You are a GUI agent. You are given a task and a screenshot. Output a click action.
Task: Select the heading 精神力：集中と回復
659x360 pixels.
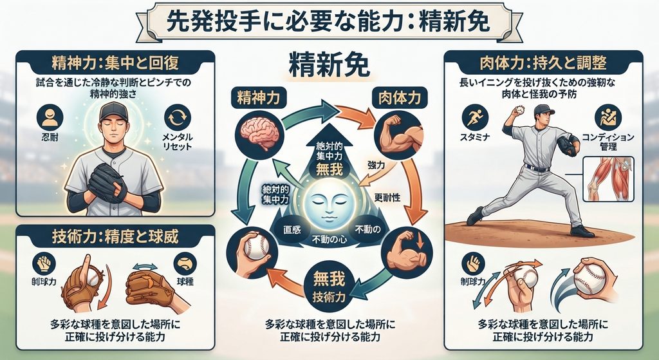115,63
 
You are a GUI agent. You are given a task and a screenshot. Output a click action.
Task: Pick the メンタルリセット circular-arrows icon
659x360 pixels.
178,117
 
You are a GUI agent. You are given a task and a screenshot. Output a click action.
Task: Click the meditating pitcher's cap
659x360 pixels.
113,111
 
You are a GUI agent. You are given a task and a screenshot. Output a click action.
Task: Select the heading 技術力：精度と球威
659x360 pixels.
115,238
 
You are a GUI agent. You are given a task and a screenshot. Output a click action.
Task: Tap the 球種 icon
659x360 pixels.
185,263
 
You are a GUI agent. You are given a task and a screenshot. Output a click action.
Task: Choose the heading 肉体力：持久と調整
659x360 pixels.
543,63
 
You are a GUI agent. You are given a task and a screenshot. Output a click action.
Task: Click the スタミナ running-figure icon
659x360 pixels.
475,117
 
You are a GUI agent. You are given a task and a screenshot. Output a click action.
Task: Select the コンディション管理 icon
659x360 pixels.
608,117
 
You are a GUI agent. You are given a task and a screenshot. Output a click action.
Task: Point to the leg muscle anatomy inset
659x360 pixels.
609,179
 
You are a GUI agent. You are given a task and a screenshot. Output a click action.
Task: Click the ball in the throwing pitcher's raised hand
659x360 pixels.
520,109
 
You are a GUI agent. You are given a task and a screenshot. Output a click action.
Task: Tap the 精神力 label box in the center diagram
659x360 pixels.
259,98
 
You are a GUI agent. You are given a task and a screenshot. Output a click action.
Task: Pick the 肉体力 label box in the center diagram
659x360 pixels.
399,98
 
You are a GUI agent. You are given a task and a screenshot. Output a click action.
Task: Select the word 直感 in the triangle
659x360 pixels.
292,231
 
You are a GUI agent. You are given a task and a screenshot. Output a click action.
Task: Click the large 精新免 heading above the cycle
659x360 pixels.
329,66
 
